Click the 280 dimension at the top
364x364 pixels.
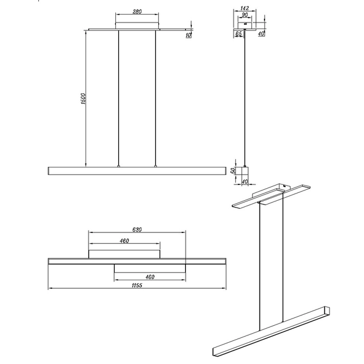tap(136, 12)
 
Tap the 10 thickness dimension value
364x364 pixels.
tap(188, 35)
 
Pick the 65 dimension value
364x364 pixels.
tap(238, 35)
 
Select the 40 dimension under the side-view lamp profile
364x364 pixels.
tap(244, 181)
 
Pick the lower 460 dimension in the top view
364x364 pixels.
tap(149, 277)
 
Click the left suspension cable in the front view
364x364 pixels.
tap(118, 97)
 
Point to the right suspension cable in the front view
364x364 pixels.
tap(155, 97)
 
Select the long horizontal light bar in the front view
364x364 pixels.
tap(136, 170)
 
